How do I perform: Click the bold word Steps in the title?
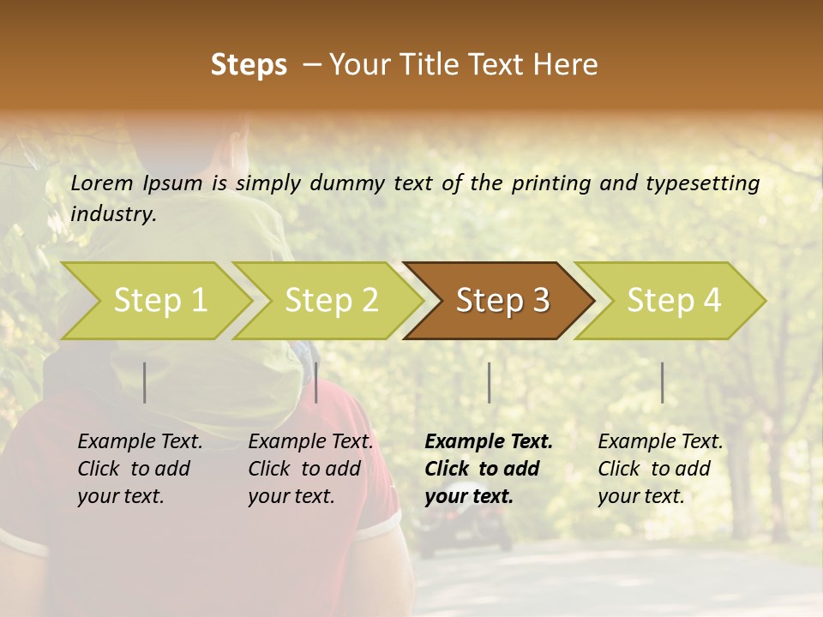point(249,65)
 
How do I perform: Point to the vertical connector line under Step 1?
point(145,382)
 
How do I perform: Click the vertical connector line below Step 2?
point(316,382)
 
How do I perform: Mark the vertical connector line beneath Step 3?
point(489,382)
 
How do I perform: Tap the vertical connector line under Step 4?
point(662,382)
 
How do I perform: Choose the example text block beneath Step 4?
point(660,469)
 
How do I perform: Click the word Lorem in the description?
point(102,183)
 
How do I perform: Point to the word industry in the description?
point(113,214)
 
